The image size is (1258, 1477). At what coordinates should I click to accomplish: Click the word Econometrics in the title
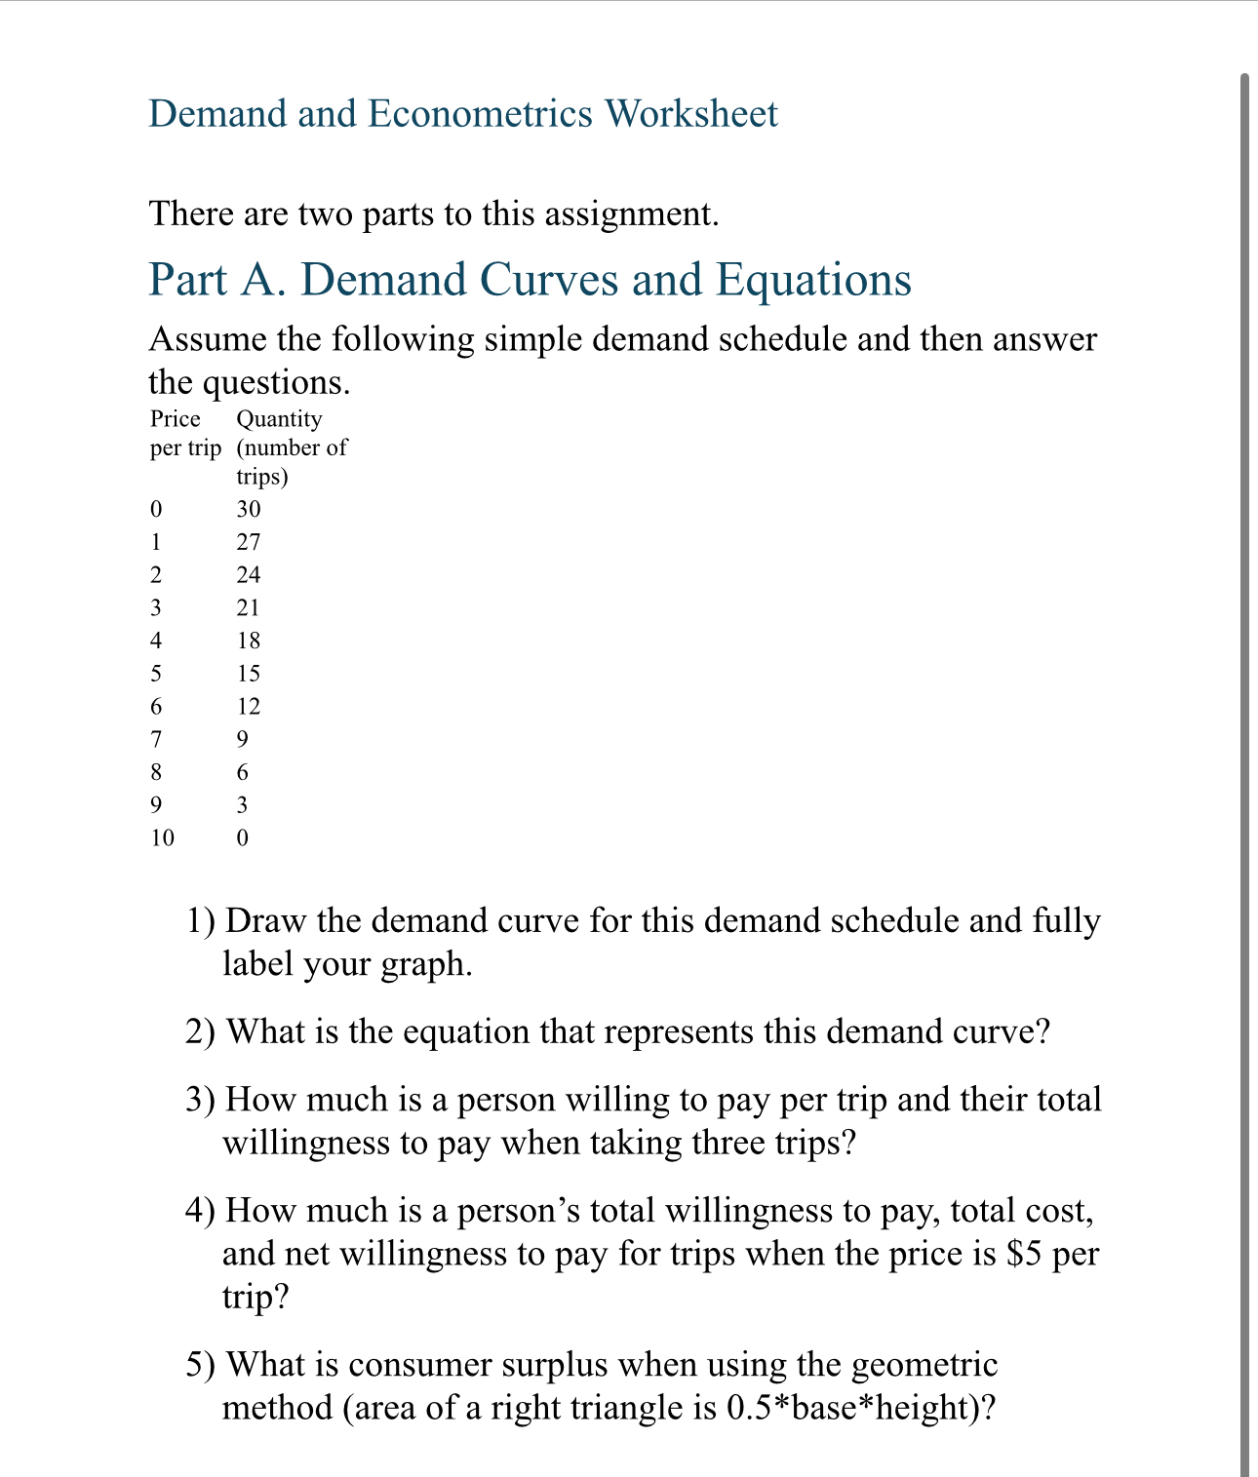[480, 114]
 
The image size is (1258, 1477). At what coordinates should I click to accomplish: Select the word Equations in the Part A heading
[813, 280]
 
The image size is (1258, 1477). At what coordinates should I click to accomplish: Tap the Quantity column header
[279, 419]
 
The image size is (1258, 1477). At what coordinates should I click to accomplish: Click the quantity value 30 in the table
[249, 509]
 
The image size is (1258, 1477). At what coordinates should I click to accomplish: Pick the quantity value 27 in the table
[249, 542]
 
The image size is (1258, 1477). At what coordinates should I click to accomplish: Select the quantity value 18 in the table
[249, 641]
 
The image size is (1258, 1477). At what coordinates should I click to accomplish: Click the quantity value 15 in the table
[249, 674]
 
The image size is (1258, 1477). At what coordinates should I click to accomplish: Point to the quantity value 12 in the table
[249, 707]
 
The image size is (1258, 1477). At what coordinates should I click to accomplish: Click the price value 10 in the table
[162, 837]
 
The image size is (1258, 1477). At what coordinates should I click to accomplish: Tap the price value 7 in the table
[156, 739]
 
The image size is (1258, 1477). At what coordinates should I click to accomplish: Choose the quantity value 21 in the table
[249, 607]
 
